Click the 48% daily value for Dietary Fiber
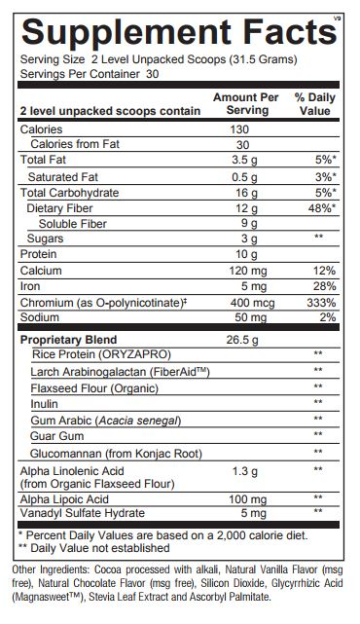322,206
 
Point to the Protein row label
38,254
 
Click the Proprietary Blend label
68,340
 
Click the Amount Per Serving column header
245,104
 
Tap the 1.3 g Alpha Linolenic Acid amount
245,469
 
